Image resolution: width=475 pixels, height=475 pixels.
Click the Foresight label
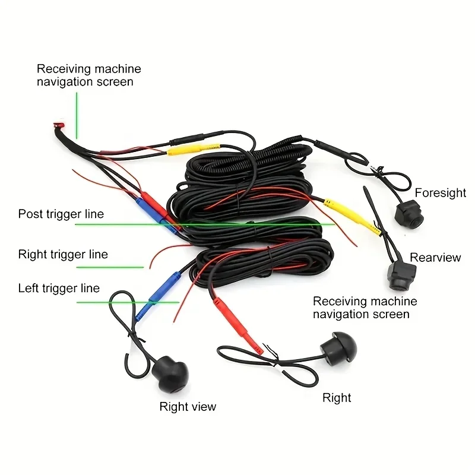coord(440,193)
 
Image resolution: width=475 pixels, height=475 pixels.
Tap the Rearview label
coord(435,257)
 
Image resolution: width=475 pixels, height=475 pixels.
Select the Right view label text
coord(188,407)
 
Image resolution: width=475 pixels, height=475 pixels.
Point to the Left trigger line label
coord(59,288)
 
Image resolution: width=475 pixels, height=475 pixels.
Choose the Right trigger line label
coord(63,254)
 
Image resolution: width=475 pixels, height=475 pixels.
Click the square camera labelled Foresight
coord(408,211)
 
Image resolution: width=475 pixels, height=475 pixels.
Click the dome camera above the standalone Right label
coord(339,347)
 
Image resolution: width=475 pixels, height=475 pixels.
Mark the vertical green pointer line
coord(75,113)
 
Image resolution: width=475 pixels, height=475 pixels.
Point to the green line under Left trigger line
coord(128,302)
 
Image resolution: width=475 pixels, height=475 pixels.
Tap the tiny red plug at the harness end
coord(57,125)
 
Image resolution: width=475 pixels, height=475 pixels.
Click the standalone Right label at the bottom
coord(337,398)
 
